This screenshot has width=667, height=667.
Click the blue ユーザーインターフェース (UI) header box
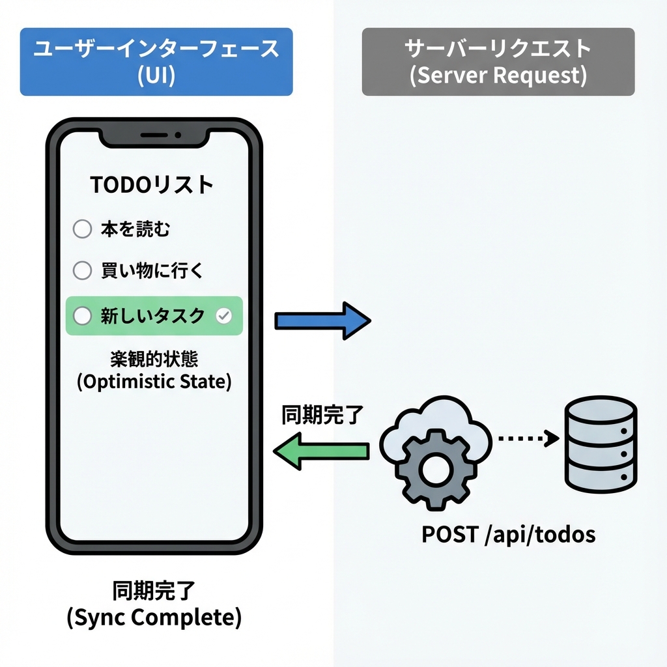click(x=156, y=62)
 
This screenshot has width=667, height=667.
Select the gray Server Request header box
click(x=498, y=62)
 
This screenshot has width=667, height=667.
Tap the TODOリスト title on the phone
click(x=152, y=185)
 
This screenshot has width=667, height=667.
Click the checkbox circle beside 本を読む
click(x=82, y=229)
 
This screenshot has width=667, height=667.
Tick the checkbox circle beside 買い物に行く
click(x=82, y=270)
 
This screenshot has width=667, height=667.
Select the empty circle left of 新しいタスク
click(x=82, y=316)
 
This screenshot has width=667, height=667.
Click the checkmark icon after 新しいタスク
click(x=223, y=316)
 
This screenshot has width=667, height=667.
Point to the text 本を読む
click(x=135, y=229)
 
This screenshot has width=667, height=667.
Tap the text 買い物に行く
click(x=152, y=270)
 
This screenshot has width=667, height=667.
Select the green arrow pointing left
click(x=320, y=451)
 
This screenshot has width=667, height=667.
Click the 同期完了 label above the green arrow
click(x=321, y=415)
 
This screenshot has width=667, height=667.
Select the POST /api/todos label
click(x=509, y=535)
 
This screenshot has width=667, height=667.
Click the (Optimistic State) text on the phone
click(x=154, y=381)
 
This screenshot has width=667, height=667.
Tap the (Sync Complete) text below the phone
click(x=154, y=617)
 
